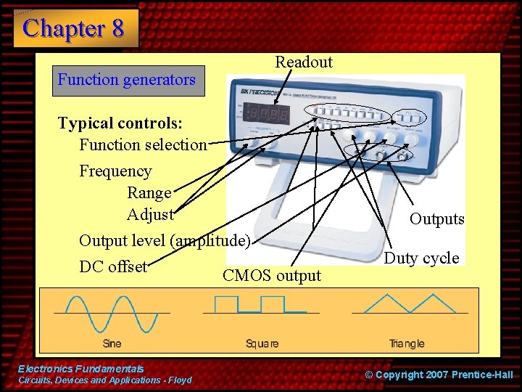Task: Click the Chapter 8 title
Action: point(73,28)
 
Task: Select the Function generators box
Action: point(127,80)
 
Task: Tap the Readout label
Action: point(304,62)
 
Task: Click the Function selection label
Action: point(143,144)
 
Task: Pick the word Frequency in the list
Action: point(115,171)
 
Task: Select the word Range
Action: point(149,193)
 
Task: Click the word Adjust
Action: point(150,215)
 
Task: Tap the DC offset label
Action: point(113,266)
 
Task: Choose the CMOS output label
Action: point(272,276)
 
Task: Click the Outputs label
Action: point(436,219)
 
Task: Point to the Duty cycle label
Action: point(421,258)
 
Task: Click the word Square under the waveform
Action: point(262,343)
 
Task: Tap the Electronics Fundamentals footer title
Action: point(81,369)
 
